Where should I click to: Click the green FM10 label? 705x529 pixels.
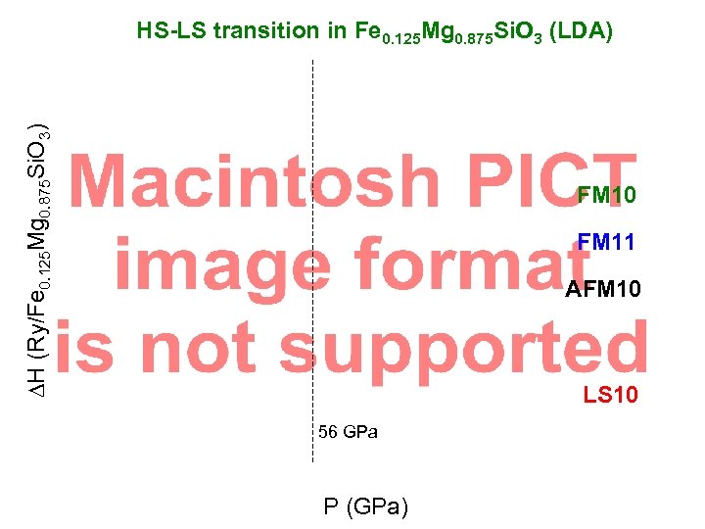pos(606,196)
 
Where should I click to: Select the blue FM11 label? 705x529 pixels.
pos(606,241)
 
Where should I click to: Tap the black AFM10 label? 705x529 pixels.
pos(603,289)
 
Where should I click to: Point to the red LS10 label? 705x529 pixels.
pos(611,396)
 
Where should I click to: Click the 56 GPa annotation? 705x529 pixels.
pos(349,432)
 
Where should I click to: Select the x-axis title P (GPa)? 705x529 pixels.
pos(366,506)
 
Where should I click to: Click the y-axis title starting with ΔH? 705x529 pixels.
pos(34,260)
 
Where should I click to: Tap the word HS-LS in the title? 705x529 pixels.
pos(172,31)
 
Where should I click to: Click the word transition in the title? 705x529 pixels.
pos(263,31)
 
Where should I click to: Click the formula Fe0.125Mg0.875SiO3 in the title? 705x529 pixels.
pos(440,33)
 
